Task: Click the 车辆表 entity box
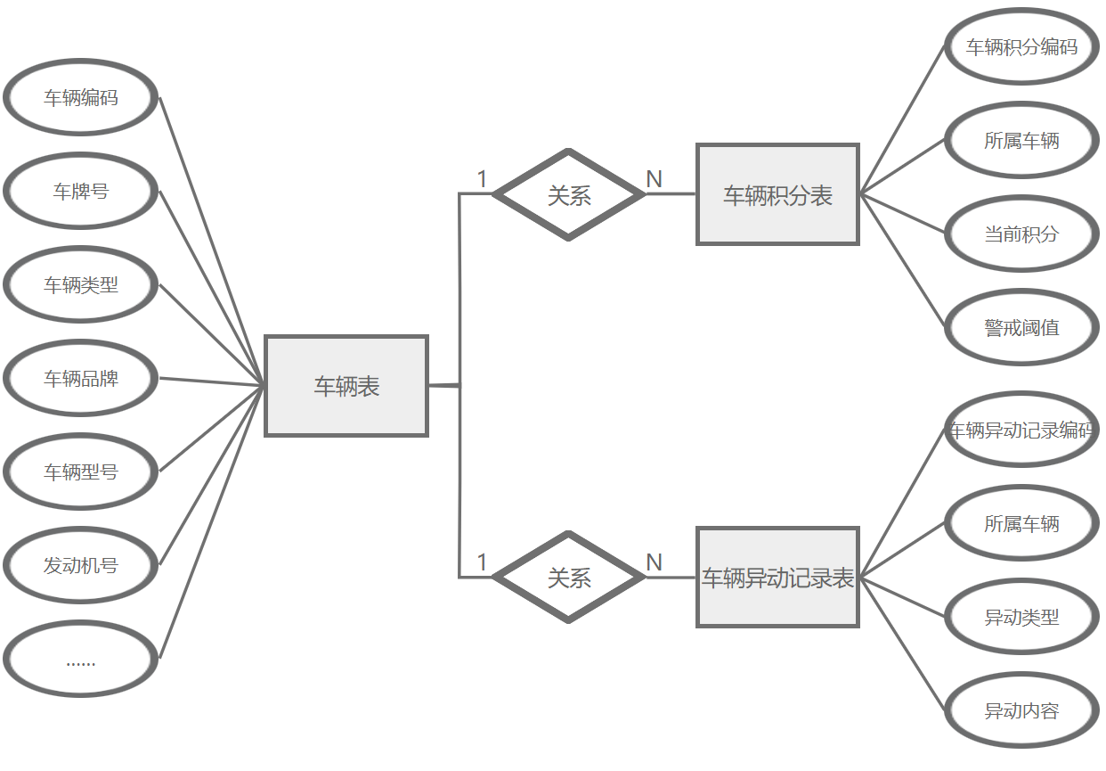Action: tap(346, 386)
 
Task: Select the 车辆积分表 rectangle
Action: tap(777, 194)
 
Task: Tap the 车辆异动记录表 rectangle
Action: tap(777, 578)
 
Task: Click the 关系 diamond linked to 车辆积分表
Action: tap(569, 194)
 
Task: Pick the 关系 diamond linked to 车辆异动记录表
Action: tap(569, 578)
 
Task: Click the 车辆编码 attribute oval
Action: tap(81, 97)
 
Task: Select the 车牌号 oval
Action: tap(81, 191)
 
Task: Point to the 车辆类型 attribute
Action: tap(81, 284)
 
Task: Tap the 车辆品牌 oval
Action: tap(81, 378)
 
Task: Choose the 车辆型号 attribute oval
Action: tap(81, 472)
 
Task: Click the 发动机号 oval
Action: tap(81, 565)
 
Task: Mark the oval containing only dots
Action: tap(81, 660)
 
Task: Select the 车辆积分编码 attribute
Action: tap(1021, 46)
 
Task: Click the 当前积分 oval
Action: tap(1021, 234)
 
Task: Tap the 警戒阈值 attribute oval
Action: tap(1021, 327)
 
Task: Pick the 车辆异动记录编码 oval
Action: tap(1021, 430)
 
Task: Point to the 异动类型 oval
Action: tap(1021, 617)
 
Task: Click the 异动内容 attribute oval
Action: tap(1021, 710)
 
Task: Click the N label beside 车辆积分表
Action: tap(654, 179)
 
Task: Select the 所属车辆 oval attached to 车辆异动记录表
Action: tap(1021, 523)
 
